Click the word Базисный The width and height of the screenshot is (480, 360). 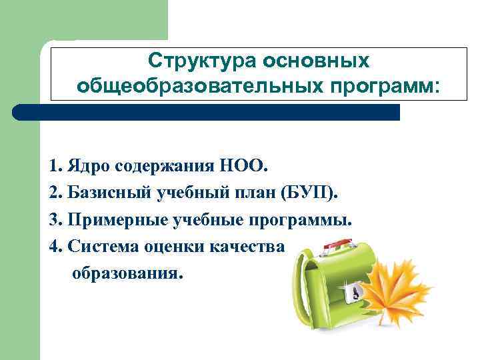click(x=109, y=193)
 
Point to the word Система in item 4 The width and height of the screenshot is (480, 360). click(x=101, y=247)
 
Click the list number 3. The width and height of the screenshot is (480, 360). click(x=54, y=220)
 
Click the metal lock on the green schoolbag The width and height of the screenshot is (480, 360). click(x=354, y=291)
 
